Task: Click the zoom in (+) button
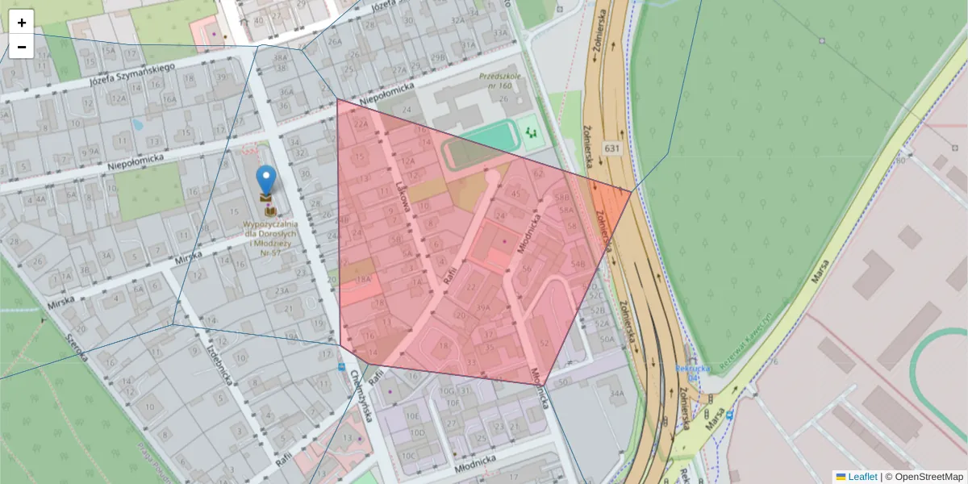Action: click(22, 23)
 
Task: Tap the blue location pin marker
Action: click(265, 180)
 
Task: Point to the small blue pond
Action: click(137, 125)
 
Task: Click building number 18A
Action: click(362, 280)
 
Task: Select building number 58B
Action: click(562, 197)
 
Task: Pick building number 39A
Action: click(482, 307)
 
